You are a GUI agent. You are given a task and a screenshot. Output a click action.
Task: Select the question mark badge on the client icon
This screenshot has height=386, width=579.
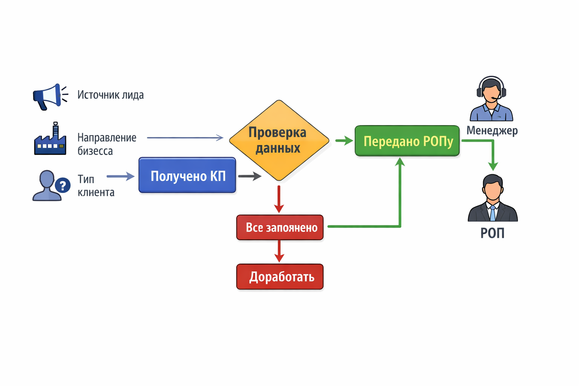pos(63,185)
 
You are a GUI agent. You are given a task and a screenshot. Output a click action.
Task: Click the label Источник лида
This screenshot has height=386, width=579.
pos(110,95)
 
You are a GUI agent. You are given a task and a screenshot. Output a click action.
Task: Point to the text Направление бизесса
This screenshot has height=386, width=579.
pos(107,144)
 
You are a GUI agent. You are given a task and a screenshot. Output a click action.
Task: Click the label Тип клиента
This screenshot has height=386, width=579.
pos(96,185)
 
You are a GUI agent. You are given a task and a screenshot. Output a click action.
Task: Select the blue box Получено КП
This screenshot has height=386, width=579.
pos(187,175)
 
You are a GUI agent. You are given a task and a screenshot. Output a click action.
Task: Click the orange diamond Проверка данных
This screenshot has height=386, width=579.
pos(279,140)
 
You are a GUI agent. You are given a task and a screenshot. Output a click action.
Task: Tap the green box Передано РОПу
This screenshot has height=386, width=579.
pos(407,141)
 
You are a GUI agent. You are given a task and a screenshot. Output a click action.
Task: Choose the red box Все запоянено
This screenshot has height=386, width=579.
pos(280,227)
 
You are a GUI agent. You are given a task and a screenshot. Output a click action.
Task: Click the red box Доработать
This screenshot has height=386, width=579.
pos(280,277)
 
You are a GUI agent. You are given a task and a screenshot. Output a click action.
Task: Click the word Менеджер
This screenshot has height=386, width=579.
pos(492,130)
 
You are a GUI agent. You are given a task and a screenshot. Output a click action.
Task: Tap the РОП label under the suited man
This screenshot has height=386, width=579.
pos(492,233)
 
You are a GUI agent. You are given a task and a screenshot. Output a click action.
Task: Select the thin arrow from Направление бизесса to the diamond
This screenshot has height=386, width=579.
pos(185,138)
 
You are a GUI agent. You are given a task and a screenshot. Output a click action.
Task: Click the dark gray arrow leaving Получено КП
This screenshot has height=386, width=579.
pos(250,176)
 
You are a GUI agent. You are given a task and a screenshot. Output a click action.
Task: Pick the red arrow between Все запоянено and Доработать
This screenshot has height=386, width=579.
pos(279,251)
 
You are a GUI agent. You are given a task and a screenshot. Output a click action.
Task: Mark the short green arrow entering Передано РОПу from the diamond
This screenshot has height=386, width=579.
pos(344,141)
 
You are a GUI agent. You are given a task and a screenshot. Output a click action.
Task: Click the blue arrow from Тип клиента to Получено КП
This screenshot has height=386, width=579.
pos(121,176)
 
